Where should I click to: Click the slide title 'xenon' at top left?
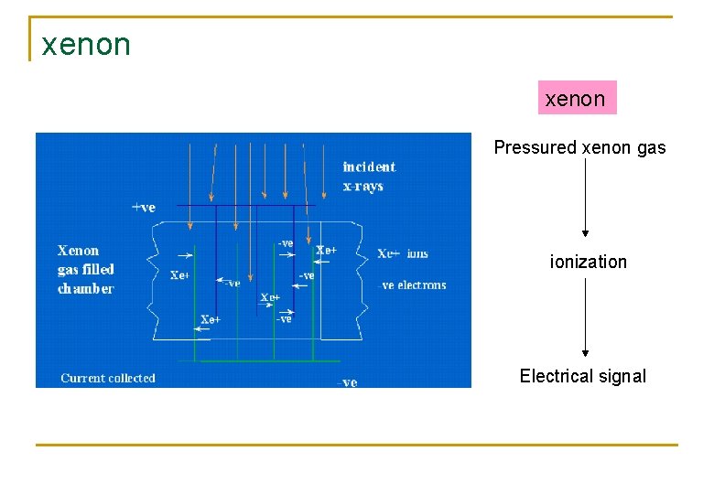click(x=86, y=44)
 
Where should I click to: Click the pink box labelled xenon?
click(x=576, y=98)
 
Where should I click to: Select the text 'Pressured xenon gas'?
click(x=579, y=147)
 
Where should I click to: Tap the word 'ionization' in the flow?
click(x=588, y=262)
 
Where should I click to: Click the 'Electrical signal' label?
click(x=582, y=376)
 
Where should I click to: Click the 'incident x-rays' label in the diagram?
click(x=368, y=177)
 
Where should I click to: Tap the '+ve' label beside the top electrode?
click(x=144, y=208)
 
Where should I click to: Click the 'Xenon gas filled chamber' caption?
click(x=86, y=269)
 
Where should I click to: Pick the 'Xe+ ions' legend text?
click(x=402, y=253)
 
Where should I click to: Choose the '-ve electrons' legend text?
click(x=413, y=285)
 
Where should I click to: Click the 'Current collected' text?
click(x=108, y=378)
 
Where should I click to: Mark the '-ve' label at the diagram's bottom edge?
click(x=348, y=382)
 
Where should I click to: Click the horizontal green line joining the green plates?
click(x=256, y=360)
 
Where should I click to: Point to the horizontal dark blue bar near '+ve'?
click(x=247, y=205)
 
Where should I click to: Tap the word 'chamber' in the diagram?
click(x=86, y=289)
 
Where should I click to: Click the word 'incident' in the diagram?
click(x=368, y=166)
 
